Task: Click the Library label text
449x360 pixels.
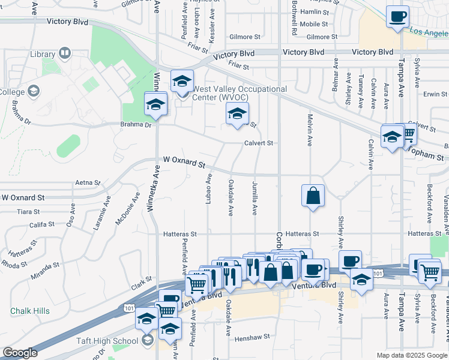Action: tap(42, 55)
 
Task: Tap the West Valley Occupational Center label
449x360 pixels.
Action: tap(240, 94)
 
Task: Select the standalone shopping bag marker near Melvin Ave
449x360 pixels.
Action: tap(313, 196)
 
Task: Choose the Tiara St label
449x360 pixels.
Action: tap(28, 212)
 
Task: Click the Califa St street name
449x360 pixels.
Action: tap(42, 225)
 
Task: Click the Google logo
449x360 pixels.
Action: tap(20, 353)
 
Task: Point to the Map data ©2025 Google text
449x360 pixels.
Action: tap(411, 355)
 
